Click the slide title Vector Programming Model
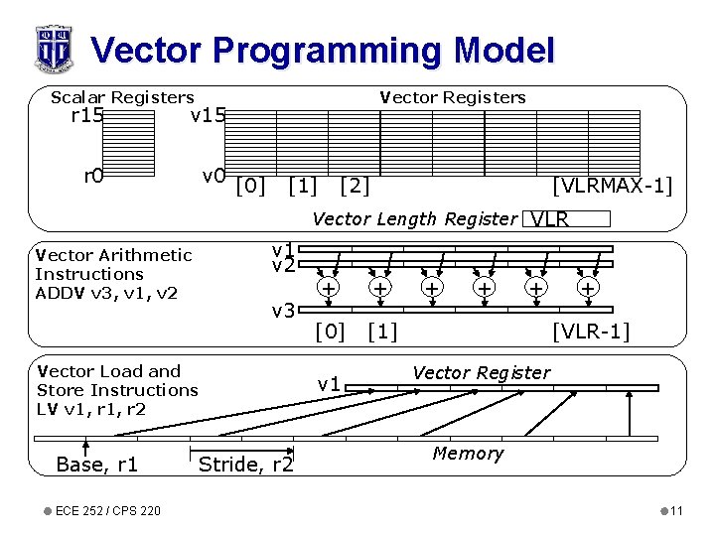click(322, 50)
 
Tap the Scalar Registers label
click(122, 97)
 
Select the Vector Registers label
click(453, 97)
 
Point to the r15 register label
click(87, 116)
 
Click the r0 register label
click(93, 177)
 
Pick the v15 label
click(209, 116)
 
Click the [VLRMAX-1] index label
click(612, 186)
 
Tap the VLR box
click(565, 219)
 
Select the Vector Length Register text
click(414, 219)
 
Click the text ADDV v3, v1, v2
click(106, 292)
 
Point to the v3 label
click(284, 312)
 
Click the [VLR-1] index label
click(591, 331)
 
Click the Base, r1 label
click(97, 465)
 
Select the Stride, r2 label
click(246, 465)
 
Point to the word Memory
click(468, 454)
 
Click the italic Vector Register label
click(481, 373)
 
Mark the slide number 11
click(676, 511)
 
